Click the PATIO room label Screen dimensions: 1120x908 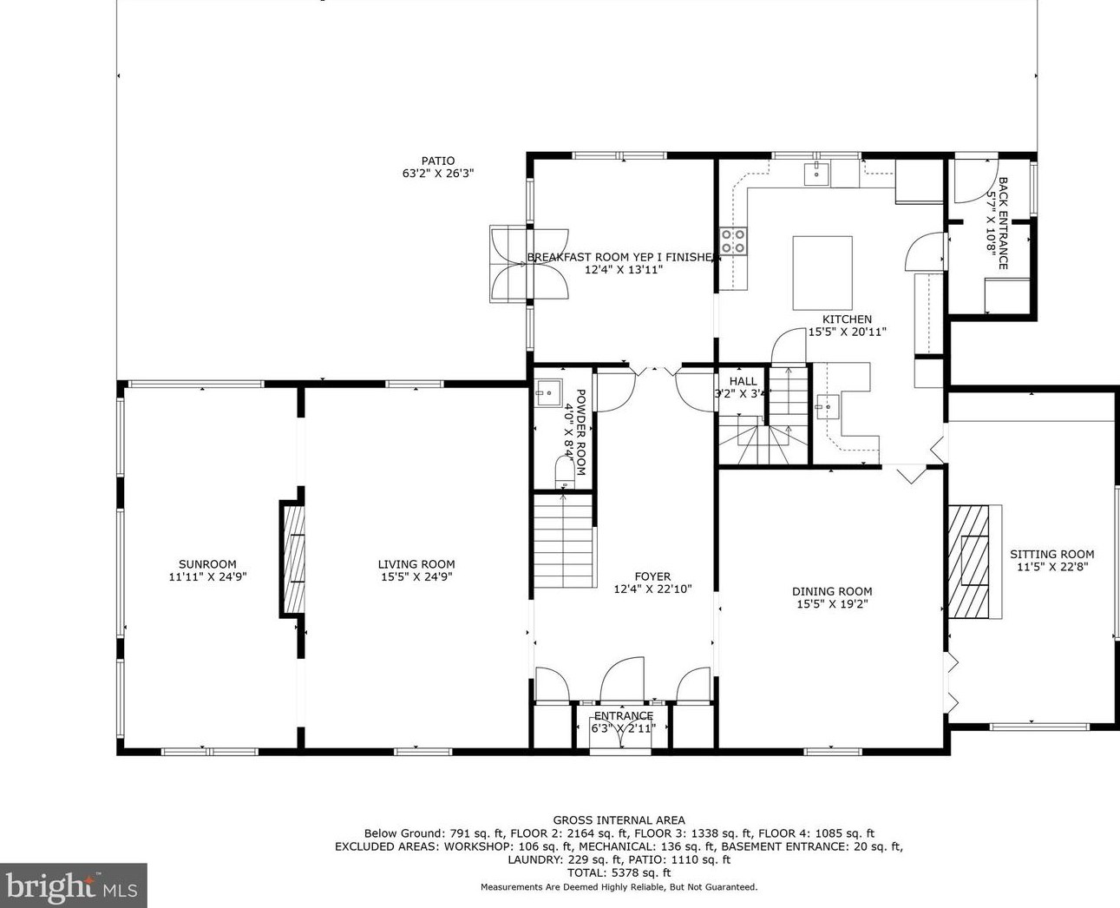pos(438,161)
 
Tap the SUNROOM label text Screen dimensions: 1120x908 pos(207,564)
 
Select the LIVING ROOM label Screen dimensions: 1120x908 pos(416,564)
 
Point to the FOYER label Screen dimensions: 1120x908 pos(652,576)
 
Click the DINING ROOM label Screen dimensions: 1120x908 pos(832,591)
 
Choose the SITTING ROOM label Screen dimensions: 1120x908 pos(1051,554)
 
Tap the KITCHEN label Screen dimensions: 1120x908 pos(847,319)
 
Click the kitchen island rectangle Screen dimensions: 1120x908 pos(822,273)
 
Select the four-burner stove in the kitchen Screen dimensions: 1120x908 pos(733,241)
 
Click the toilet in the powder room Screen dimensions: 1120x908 pos(565,472)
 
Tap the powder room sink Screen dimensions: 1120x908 pos(548,392)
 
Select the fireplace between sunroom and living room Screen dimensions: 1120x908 pos(293,558)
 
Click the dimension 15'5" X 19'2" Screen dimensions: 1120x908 pos(832,604)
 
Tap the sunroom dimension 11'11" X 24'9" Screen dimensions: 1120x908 pos(207,576)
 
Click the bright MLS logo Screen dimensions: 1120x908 pos(73,885)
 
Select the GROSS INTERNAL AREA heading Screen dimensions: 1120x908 pos(619,820)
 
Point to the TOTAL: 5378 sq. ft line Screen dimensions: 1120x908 pos(619,872)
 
